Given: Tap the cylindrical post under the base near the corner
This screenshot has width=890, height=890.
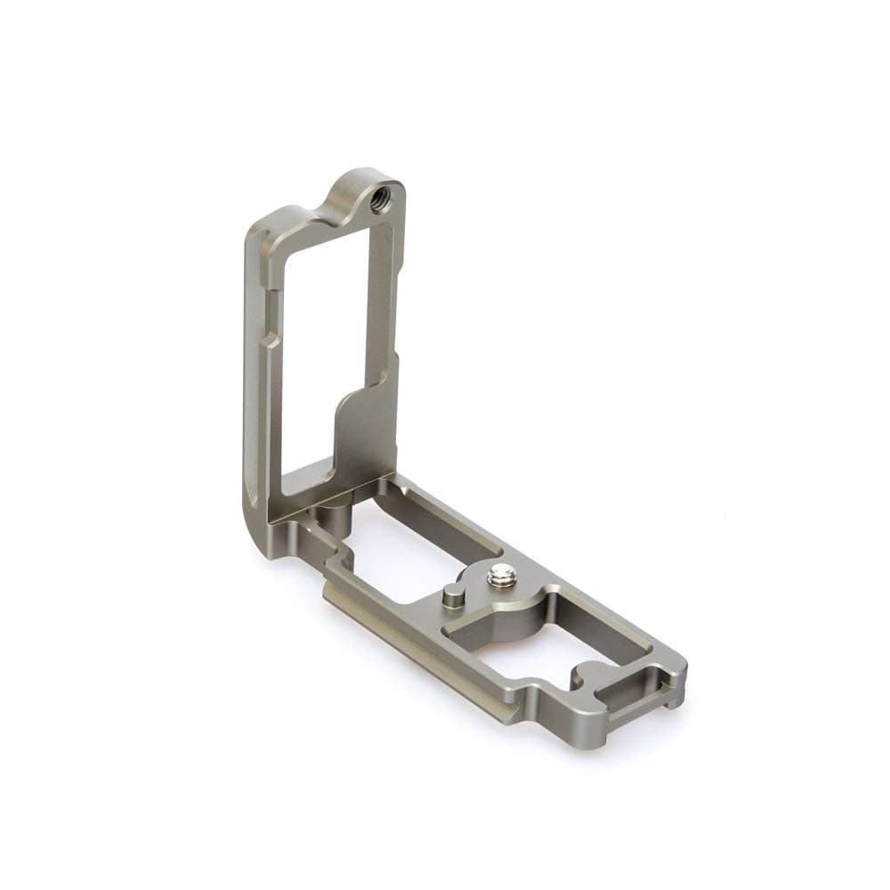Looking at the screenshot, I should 335,516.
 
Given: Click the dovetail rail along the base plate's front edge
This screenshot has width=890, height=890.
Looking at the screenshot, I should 418,654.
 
